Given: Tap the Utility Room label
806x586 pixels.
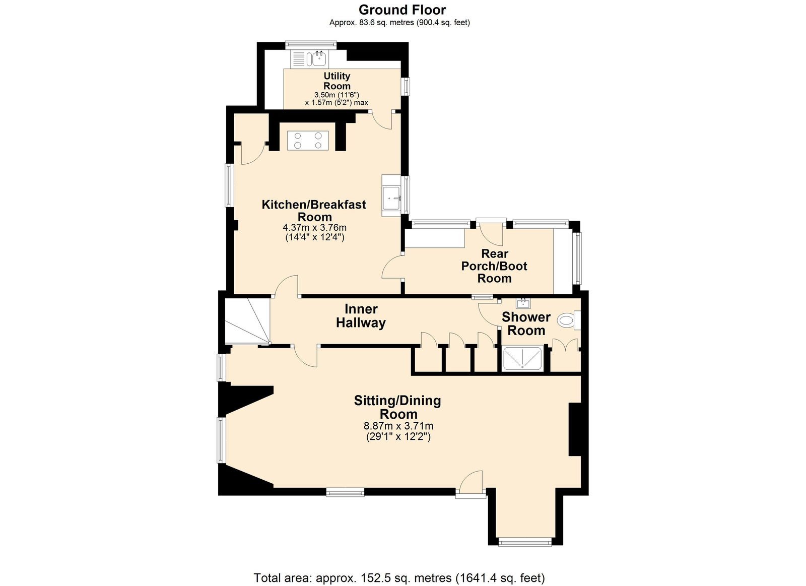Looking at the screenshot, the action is click(x=337, y=81).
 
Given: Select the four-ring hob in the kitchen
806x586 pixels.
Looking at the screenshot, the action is click(x=308, y=141).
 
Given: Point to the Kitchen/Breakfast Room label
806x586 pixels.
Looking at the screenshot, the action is click(x=314, y=211).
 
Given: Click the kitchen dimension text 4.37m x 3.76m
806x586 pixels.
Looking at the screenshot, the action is click(x=314, y=227).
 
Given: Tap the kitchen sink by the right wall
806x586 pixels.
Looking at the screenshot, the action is click(x=391, y=196).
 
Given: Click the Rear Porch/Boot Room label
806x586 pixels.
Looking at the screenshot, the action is click(x=494, y=266).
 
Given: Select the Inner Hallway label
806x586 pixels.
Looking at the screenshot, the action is click(x=361, y=316).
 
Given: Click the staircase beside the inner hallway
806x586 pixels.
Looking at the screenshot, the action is click(x=247, y=321).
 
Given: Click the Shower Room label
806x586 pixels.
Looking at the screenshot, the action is click(x=526, y=323).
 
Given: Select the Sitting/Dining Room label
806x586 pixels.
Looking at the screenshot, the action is click(x=397, y=407).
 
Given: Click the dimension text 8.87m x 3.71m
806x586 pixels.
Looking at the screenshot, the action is click(x=398, y=426).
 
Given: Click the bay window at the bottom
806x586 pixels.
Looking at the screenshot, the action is click(x=525, y=552).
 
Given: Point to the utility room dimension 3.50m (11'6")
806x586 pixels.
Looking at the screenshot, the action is click(x=337, y=95).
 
